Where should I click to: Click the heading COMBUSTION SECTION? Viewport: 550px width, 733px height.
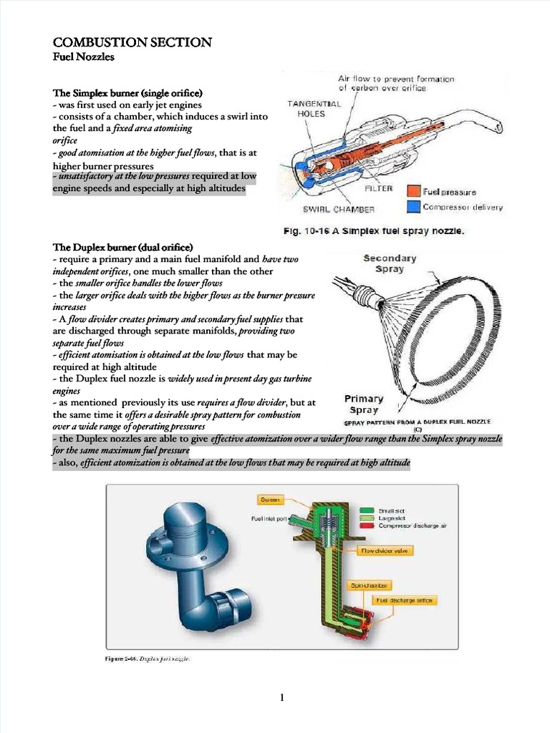(132, 42)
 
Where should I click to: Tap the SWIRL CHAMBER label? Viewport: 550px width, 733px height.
(338, 210)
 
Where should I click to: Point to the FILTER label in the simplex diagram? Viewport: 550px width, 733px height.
(379, 188)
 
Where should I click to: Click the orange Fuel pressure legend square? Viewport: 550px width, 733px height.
(413, 191)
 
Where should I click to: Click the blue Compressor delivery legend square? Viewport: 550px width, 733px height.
(413, 207)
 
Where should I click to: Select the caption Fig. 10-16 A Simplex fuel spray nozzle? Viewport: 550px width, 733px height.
(373, 231)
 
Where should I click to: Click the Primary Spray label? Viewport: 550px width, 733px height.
(364, 404)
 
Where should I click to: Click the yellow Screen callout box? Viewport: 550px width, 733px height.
(271, 499)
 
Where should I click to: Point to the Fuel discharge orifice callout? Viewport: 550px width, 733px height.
(405, 601)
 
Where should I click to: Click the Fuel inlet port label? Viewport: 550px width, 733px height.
(269, 518)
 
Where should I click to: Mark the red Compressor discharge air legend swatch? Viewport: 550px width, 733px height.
(367, 525)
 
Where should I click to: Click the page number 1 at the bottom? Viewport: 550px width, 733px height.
(282, 699)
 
